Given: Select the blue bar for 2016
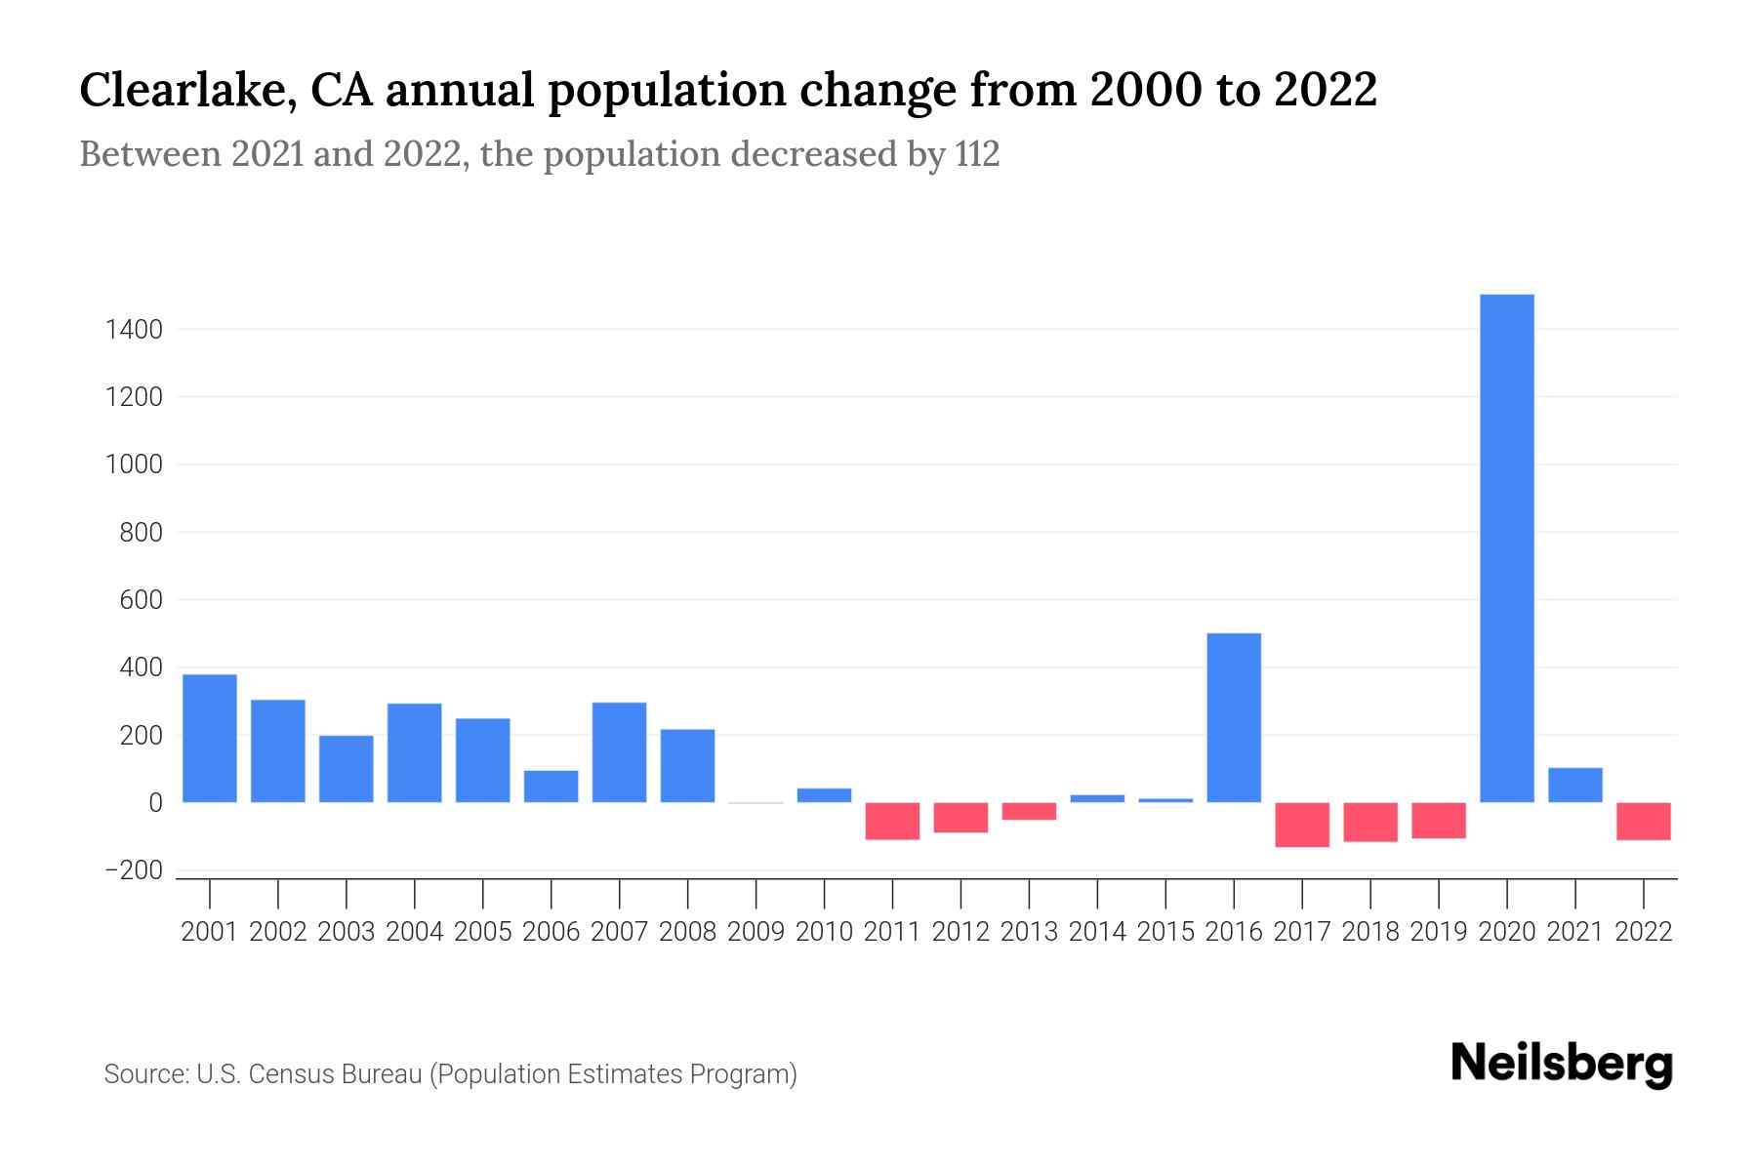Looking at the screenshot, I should click(x=1234, y=718).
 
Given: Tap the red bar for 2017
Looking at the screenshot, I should click(x=1302, y=825).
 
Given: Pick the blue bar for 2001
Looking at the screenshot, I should click(x=210, y=739).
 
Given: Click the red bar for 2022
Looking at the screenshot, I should click(x=1644, y=822).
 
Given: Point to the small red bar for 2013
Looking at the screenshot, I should click(x=1029, y=812).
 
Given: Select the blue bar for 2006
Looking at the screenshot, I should click(x=552, y=787).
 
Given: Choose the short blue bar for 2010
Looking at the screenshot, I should click(x=824, y=795).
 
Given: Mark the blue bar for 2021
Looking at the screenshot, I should click(x=1574, y=786).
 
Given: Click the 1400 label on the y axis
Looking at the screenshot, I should click(x=134, y=330).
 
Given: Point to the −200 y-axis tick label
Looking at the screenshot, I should click(x=127, y=870).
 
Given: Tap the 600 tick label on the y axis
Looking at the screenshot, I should click(x=141, y=600).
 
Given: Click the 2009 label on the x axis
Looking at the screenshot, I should click(x=756, y=932).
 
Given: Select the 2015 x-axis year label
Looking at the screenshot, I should click(x=1165, y=932).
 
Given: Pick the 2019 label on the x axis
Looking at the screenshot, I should click(x=1439, y=932).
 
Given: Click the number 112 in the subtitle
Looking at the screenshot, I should click(x=977, y=154).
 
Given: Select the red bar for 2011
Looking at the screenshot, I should click(x=892, y=822).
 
